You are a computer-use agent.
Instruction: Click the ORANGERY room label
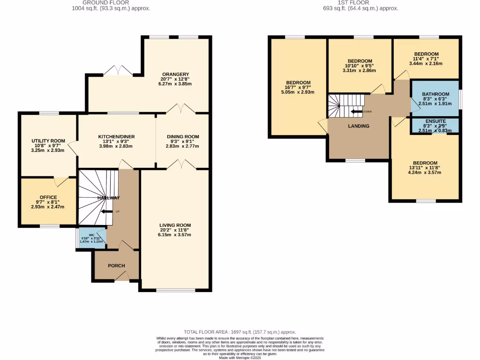pos(175,74)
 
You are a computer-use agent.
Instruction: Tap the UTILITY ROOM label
pos(47,141)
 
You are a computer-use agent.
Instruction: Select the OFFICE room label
pos(48,197)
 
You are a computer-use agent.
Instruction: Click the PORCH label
pos(116,266)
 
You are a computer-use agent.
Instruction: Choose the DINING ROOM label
pos(183,137)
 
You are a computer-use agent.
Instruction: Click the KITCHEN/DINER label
pos(117,137)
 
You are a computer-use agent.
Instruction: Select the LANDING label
pos(359,126)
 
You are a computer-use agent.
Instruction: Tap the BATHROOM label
pos(435,94)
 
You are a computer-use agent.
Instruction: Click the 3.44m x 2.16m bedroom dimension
pos(426,64)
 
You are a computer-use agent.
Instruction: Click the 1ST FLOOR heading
pos(360,2)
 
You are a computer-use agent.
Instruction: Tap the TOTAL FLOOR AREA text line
pos(240,331)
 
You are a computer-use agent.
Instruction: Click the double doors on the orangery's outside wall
pos(118,71)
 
